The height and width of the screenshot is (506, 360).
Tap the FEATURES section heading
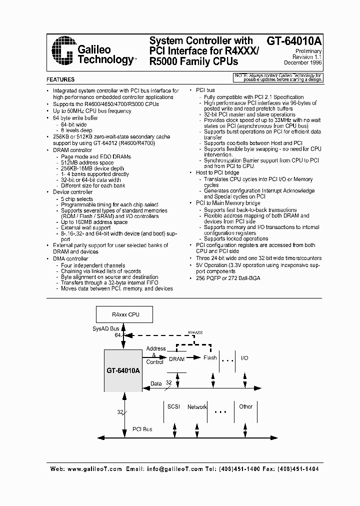point(60,79)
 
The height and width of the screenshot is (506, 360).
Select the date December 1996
point(303,63)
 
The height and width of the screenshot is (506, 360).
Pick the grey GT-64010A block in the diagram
point(123,370)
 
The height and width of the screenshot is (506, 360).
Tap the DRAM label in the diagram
point(177,359)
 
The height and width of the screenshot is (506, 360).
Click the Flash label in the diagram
point(210,357)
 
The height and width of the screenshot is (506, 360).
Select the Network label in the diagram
point(197,407)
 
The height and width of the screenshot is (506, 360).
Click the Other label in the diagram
point(245,406)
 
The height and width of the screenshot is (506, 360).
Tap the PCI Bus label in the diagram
point(142,429)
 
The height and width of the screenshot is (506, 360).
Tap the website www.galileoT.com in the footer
point(94,469)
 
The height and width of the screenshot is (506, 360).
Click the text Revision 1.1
point(307,57)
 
